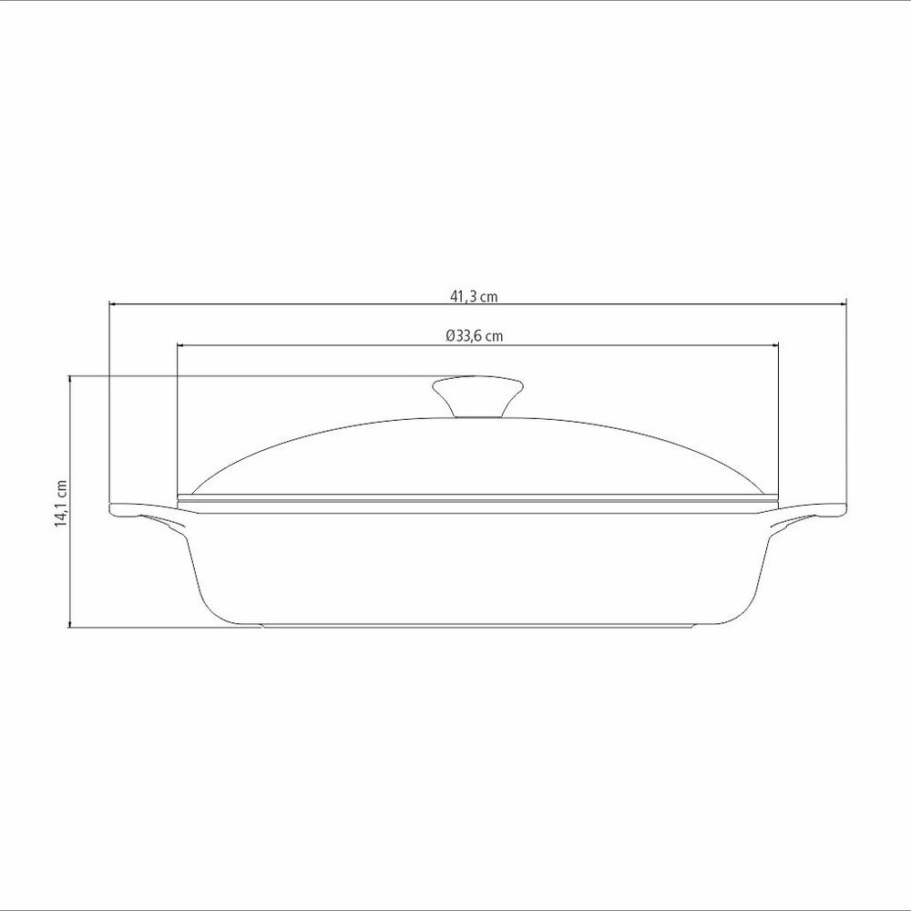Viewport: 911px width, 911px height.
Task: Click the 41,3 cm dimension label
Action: pyautogui.click(x=474, y=296)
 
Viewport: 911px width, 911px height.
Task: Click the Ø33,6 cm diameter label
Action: pyautogui.click(x=475, y=336)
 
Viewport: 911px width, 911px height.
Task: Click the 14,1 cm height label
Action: pyautogui.click(x=61, y=504)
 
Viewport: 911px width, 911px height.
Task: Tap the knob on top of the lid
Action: pyautogui.click(x=477, y=395)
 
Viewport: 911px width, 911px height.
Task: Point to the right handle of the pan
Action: pyautogui.click(x=807, y=515)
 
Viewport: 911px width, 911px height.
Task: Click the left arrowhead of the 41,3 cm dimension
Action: pyautogui.click(x=114, y=303)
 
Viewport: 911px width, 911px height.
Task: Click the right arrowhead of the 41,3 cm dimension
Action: pyautogui.click(x=842, y=303)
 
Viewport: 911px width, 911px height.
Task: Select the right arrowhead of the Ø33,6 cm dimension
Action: pyautogui.click(x=773, y=345)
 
